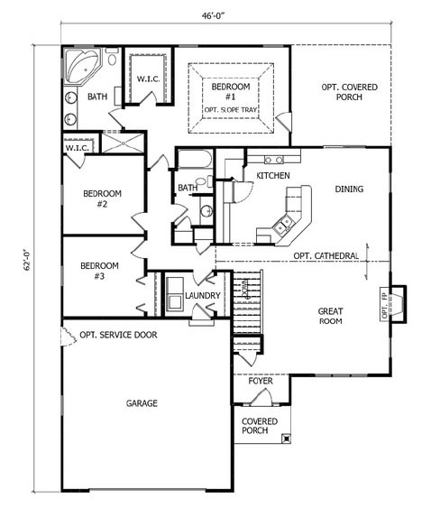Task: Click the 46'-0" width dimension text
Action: [x=213, y=15]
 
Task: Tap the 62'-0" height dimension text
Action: [x=28, y=259]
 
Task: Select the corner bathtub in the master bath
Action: [x=82, y=67]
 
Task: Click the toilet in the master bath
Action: [x=112, y=57]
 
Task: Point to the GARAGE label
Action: [x=142, y=403]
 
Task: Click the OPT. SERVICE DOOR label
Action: [x=118, y=335]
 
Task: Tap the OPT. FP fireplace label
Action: [x=385, y=304]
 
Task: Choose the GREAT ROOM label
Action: [x=330, y=316]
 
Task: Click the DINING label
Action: [x=349, y=189]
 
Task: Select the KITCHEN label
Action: [x=273, y=175]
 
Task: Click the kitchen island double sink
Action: [x=283, y=225]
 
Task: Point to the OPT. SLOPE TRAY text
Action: [x=231, y=110]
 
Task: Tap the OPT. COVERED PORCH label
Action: [x=349, y=92]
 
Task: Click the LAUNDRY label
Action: [x=203, y=296]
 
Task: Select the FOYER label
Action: [x=261, y=381]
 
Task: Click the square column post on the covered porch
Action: [x=287, y=438]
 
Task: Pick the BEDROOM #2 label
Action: [x=102, y=198]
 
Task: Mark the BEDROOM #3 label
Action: [x=99, y=271]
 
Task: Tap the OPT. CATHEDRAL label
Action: [x=326, y=256]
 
